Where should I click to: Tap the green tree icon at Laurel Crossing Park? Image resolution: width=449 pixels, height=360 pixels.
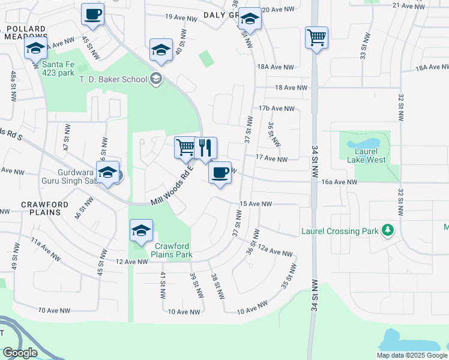pos(388,230)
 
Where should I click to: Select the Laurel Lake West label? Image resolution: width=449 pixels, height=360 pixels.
pos(366,155)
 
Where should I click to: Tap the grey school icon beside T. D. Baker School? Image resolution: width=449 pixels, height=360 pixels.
pos(156,79)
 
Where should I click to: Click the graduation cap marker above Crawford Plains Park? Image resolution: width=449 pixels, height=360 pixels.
pos(141,231)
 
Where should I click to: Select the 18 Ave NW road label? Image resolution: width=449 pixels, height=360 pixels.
pos(291,88)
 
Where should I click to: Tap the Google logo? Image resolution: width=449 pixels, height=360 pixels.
pos(20,353)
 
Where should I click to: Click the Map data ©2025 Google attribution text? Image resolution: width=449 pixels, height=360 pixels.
pos(411,355)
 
